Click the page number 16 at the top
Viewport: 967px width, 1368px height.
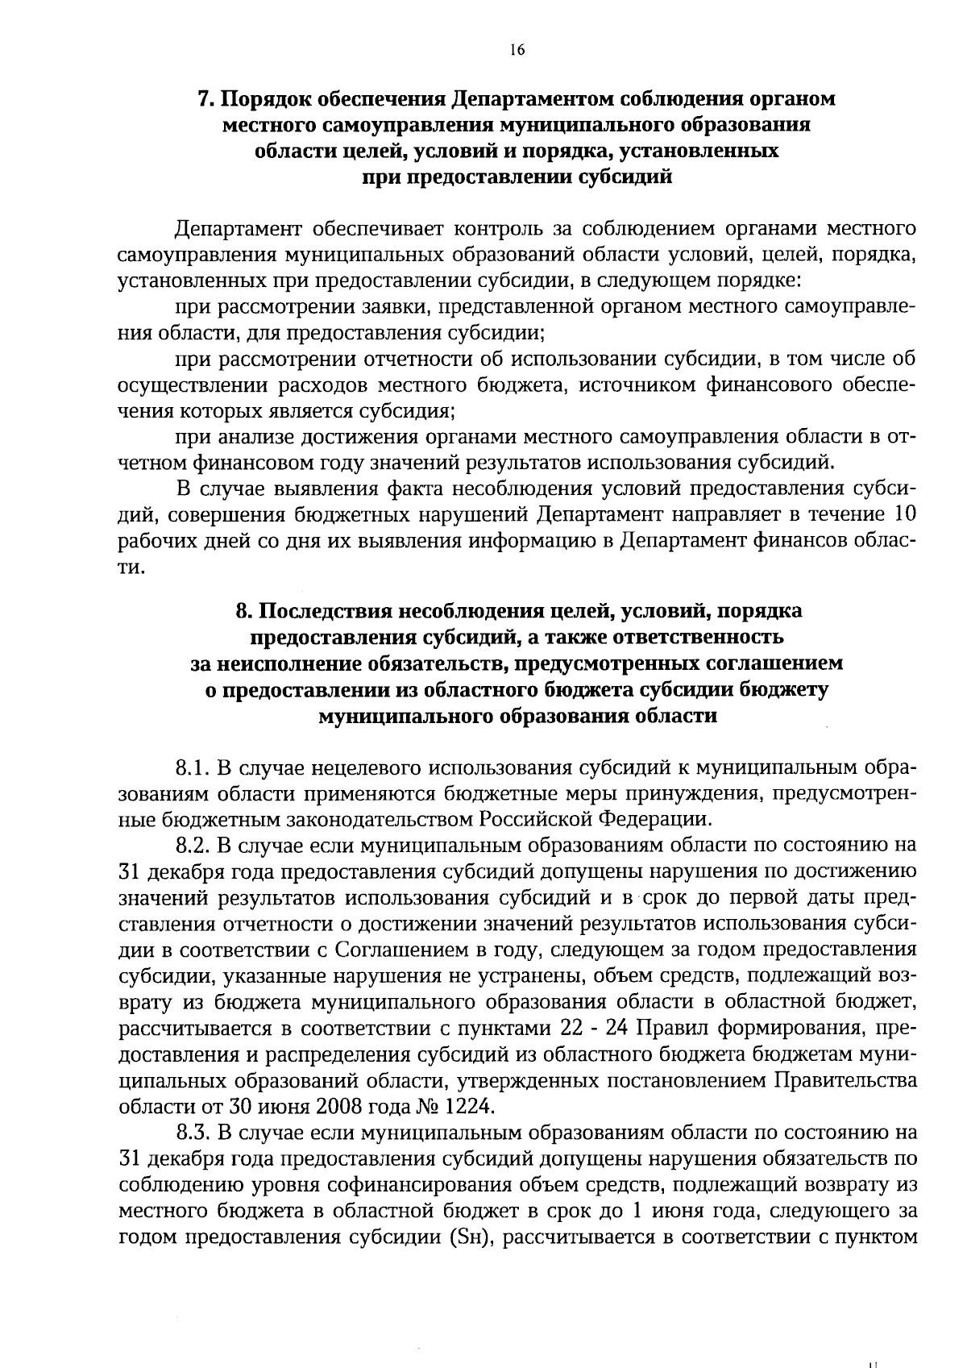pyautogui.click(x=517, y=50)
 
